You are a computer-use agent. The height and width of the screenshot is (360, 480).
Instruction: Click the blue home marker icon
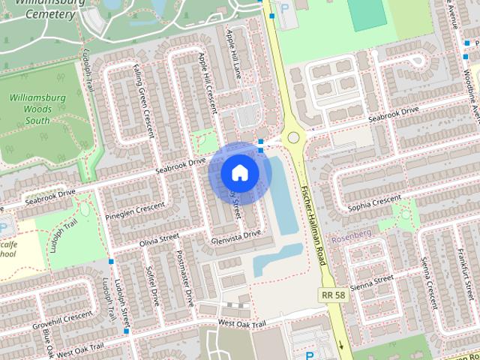click(x=239, y=172)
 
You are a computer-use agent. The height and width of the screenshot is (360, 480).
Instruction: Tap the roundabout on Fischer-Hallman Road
click(x=292, y=137)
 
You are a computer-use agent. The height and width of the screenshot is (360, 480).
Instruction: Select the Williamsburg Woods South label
click(x=37, y=108)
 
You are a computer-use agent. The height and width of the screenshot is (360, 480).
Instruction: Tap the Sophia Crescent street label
click(x=375, y=202)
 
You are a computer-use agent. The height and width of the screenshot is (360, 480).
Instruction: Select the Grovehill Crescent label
click(x=61, y=317)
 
